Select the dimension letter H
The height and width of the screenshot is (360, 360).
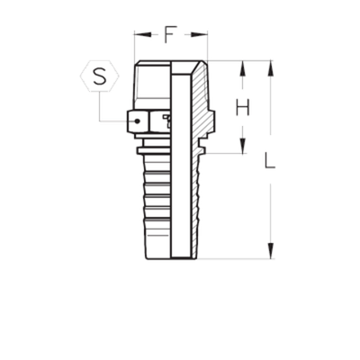coord(242,107)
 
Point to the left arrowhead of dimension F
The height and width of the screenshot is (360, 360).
coord(137,36)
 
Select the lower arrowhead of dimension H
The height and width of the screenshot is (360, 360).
coord(242,147)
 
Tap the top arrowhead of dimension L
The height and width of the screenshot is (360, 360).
coord(270,67)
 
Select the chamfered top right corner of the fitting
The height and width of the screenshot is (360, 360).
coord(202,65)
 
